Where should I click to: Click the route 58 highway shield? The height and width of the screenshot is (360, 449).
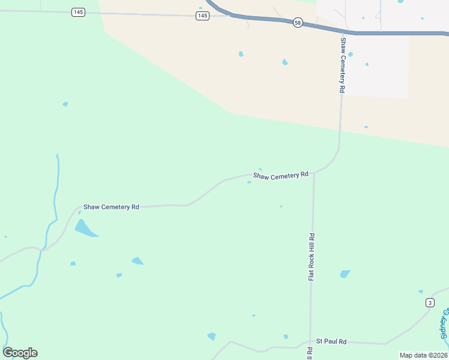pyautogui.click(x=298, y=22)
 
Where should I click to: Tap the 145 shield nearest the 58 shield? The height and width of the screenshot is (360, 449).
pyautogui.click(x=202, y=16)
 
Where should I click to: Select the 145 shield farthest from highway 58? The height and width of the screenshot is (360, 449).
pyautogui.click(x=77, y=12)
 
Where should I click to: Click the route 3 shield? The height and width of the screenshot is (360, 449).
pyautogui.click(x=430, y=302)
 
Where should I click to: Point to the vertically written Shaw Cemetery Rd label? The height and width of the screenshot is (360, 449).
pyautogui.click(x=343, y=65)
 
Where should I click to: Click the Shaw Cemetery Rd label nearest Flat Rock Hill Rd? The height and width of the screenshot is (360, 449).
pyautogui.click(x=280, y=176)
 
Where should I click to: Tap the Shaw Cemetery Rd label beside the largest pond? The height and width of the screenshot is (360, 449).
pyautogui.click(x=111, y=207)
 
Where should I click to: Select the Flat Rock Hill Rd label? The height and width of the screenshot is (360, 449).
pyautogui.click(x=312, y=257)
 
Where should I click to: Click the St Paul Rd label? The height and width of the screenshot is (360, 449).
pyautogui.click(x=331, y=341)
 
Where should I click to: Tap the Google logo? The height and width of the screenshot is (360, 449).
pyautogui.click(x=20, y=353)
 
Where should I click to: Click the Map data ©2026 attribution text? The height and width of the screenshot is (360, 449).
pyautogui.click(x=423, y=355)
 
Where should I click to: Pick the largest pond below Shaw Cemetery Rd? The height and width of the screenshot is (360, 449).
pyautogui.click(x=85, y=229)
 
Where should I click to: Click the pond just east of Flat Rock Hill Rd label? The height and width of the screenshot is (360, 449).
pyautogui.click(x=345, y=274)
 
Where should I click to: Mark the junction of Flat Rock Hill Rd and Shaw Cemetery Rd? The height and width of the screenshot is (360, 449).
pyautogui.click(x=313, y=172)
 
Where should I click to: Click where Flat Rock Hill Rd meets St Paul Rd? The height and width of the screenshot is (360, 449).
pyautogui.click(x=310, y=343)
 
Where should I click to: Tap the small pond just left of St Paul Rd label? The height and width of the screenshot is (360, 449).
pyautogui.click(x=286, y=337)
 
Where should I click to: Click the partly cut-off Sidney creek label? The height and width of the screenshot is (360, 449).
pyautogui.click(x=445, y=324)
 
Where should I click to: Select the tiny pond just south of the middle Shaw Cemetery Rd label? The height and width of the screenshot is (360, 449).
pyautogui.click(x=249, y=182)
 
